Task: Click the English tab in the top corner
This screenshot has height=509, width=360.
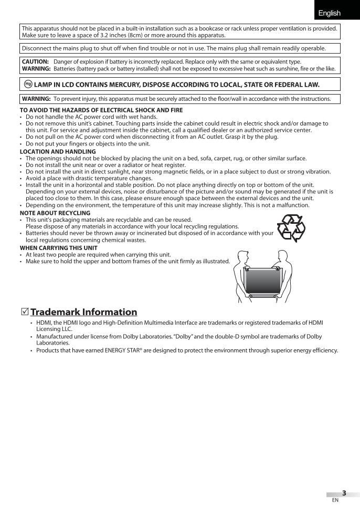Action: (329, 13)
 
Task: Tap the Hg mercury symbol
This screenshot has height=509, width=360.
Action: (28, 84)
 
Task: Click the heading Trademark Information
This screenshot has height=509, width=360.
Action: (84, 312)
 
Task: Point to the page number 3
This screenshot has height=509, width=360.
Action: (344, 493)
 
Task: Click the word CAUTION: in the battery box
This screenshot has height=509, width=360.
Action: (35, 61)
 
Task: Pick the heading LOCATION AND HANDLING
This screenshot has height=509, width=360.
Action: (58, 152)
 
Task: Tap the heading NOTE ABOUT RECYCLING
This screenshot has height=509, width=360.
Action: (55, 213)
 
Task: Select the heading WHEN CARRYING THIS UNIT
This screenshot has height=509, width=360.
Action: (58, 247)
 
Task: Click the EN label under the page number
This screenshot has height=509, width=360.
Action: (335, 500)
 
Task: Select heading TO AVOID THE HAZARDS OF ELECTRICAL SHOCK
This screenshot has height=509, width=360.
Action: (101, 110)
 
